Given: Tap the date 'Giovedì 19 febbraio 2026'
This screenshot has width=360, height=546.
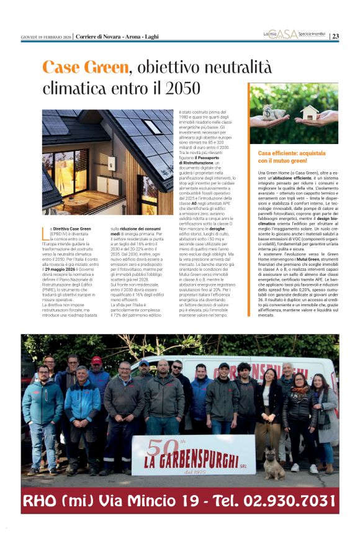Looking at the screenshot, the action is (x=46, y=37).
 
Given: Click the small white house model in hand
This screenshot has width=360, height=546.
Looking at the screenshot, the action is (x=309, y=113).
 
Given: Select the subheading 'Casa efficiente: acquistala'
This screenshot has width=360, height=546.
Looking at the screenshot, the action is (x=291, y=153).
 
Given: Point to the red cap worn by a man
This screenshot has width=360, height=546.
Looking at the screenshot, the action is (x=96, y=360).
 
